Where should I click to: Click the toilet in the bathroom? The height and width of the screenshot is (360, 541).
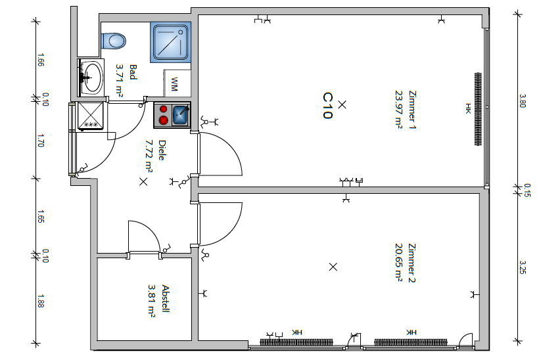click(114, 41)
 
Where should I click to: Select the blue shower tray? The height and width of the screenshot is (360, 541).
click(170, 42)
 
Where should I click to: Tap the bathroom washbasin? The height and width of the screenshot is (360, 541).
click(91, 78)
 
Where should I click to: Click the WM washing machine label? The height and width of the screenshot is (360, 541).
click(174, 84)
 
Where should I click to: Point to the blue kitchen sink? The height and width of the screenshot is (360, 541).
click(181, 115)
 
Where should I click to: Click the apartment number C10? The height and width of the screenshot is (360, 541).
click(327, 106)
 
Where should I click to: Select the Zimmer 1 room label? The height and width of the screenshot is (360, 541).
click(412, 110)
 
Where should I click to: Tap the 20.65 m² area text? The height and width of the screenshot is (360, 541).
click(399, 262)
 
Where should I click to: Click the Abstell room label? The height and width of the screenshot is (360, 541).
click(166, 299)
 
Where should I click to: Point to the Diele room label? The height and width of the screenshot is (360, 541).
click(162, 150)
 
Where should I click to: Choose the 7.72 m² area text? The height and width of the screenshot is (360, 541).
click(149, 156)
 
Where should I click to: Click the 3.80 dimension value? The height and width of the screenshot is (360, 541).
click(523, 101)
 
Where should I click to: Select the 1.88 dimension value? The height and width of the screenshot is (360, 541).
click(40, 301)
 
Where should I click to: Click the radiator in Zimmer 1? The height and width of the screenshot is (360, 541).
click(478, 109)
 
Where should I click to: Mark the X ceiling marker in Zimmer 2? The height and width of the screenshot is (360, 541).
click(333, 267)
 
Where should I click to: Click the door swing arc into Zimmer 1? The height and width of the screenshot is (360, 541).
click(232, 144)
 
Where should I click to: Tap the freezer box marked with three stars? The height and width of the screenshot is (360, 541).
click(91, 116)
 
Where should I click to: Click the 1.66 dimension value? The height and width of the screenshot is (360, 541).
click(40, 60)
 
